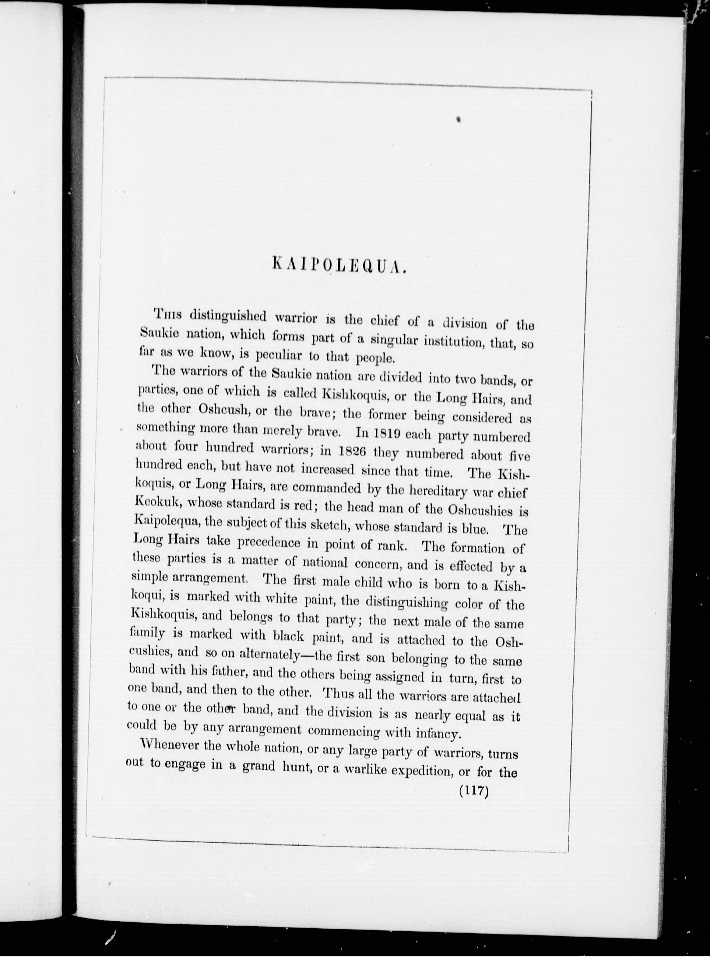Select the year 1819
(388, 434)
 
